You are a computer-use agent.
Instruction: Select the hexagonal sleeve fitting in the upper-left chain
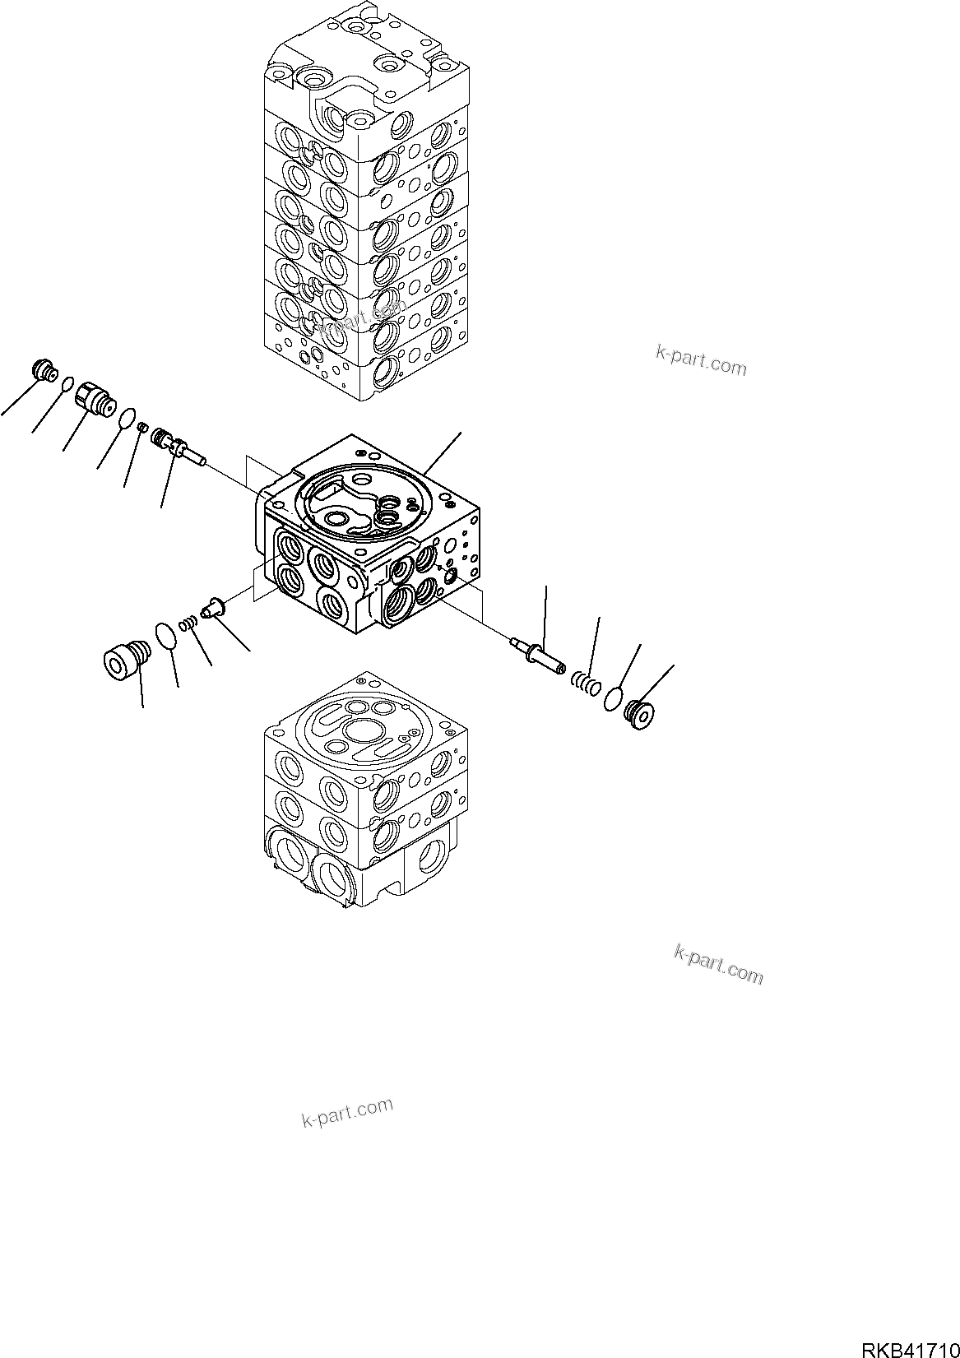tap(94, 400)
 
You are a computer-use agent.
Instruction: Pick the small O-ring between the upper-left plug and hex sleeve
tap(69, 382)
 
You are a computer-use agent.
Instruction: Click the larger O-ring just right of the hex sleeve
tap(127, 419)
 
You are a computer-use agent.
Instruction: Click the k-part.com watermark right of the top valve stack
tap(701, 359)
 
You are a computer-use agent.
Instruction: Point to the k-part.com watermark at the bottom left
tap(347, 1112)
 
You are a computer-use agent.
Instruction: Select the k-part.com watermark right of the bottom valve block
tap(718, 964)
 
